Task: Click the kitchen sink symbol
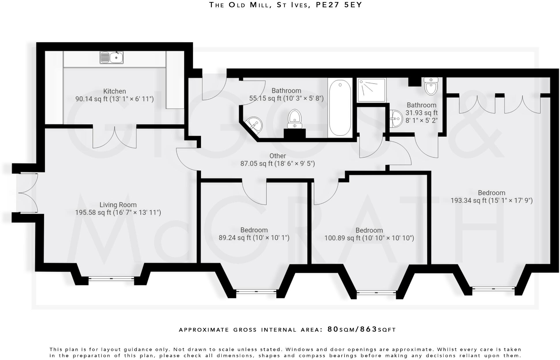[112, 57]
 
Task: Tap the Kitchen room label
[115, 91]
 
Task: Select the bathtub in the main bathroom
[340, 108]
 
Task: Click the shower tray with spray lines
[371, 90]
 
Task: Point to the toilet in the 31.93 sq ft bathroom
[431, 86]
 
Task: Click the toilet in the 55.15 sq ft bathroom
[295, 119]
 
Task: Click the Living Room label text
[118, 205]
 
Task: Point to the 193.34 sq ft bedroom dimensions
[492, 200]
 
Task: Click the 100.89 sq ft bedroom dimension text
[369, 238]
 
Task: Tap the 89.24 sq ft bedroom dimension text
[254, 238]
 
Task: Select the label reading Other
[278, 156]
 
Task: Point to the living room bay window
[111, 279]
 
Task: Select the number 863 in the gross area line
[369, 329]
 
